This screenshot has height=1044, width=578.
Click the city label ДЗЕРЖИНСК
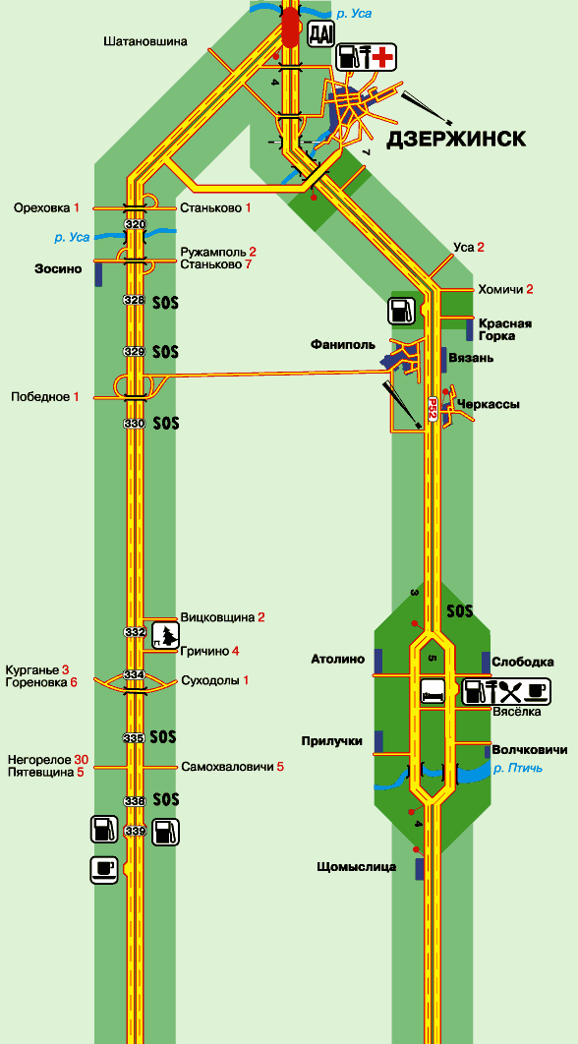[457, 139]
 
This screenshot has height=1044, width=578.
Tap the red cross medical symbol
[382, 57]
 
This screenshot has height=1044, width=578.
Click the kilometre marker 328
[135, 300]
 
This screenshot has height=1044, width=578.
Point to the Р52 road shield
[433, 408]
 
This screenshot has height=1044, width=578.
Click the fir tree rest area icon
[166, 635]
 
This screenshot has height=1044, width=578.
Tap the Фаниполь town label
[343, 345]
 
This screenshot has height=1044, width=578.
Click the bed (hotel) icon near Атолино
[432, 691]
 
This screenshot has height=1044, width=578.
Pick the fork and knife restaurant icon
[511, 691]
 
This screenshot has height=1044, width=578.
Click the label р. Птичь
[517, 769]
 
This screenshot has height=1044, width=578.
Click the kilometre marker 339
[135, 831]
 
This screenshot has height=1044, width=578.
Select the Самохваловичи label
[227, 767]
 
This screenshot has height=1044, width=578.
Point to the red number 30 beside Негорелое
[82, 760]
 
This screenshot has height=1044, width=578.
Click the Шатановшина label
[145, 41]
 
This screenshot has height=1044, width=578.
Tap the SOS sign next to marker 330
[166, 423]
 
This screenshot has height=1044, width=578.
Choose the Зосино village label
[58, 269]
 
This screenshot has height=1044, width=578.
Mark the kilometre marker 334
[135, 675]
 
